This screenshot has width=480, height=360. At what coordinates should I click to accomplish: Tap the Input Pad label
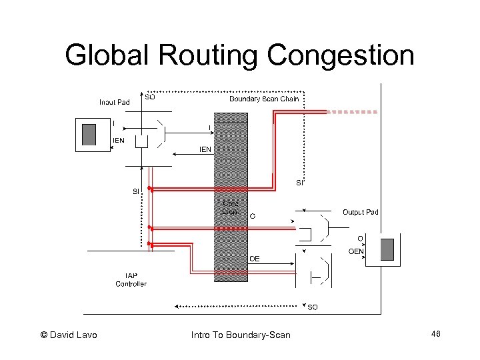tap(114, 102)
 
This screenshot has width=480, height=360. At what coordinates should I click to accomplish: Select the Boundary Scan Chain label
tap(264, 99)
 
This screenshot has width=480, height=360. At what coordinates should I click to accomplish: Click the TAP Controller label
tap(131, 279)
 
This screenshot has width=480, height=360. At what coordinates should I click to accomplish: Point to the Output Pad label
tap(360, 212)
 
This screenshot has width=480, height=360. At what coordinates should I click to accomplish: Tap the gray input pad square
tap(89, 134)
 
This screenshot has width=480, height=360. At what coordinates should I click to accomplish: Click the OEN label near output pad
tap(356, 251)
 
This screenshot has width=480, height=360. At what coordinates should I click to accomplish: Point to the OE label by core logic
tap(255, 258)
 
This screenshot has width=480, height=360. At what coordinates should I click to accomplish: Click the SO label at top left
tap(150, 96)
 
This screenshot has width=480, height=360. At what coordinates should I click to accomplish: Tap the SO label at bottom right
tap(312, 307)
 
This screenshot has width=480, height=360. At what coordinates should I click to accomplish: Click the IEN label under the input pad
tap(117, 140)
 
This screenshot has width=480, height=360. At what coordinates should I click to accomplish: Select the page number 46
tap(436, 333)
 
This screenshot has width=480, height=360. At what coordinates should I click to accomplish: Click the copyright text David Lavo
tap(69, 335)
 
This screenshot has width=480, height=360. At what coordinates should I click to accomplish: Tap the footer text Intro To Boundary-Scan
tap(241, 335)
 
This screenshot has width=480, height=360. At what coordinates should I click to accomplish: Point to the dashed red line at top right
tap(353, 111)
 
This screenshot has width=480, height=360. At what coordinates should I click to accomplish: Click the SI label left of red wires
tap(136, 191)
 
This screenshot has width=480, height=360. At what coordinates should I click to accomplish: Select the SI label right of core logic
tap(300, 183)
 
